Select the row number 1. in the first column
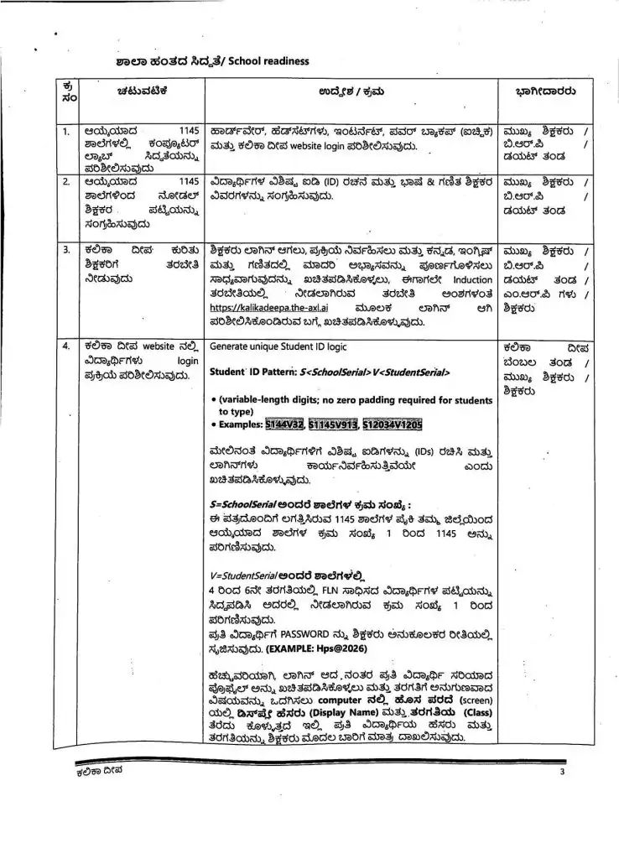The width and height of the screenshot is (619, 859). click(65, 133)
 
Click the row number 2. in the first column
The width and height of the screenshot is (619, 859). click(65, 180)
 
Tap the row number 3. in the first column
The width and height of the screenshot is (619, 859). click(65, 250)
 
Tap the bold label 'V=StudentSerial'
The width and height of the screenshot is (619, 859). click(245, 576)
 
